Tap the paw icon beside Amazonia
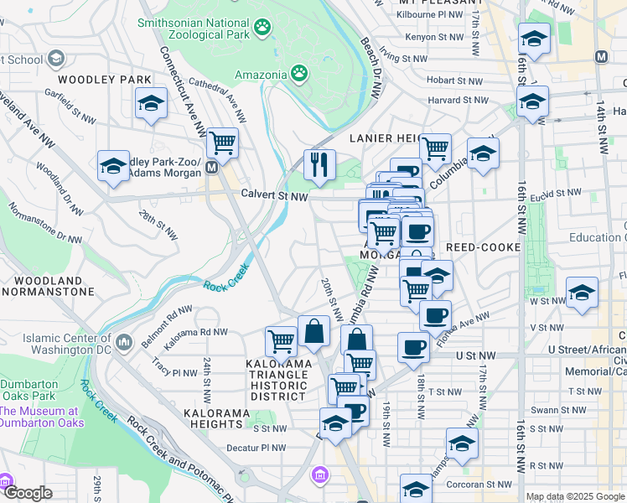299,74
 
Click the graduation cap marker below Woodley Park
151,104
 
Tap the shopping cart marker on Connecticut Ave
222,144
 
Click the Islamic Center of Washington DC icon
125,341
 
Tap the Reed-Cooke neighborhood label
485,248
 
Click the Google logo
28,494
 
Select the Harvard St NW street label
456,100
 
